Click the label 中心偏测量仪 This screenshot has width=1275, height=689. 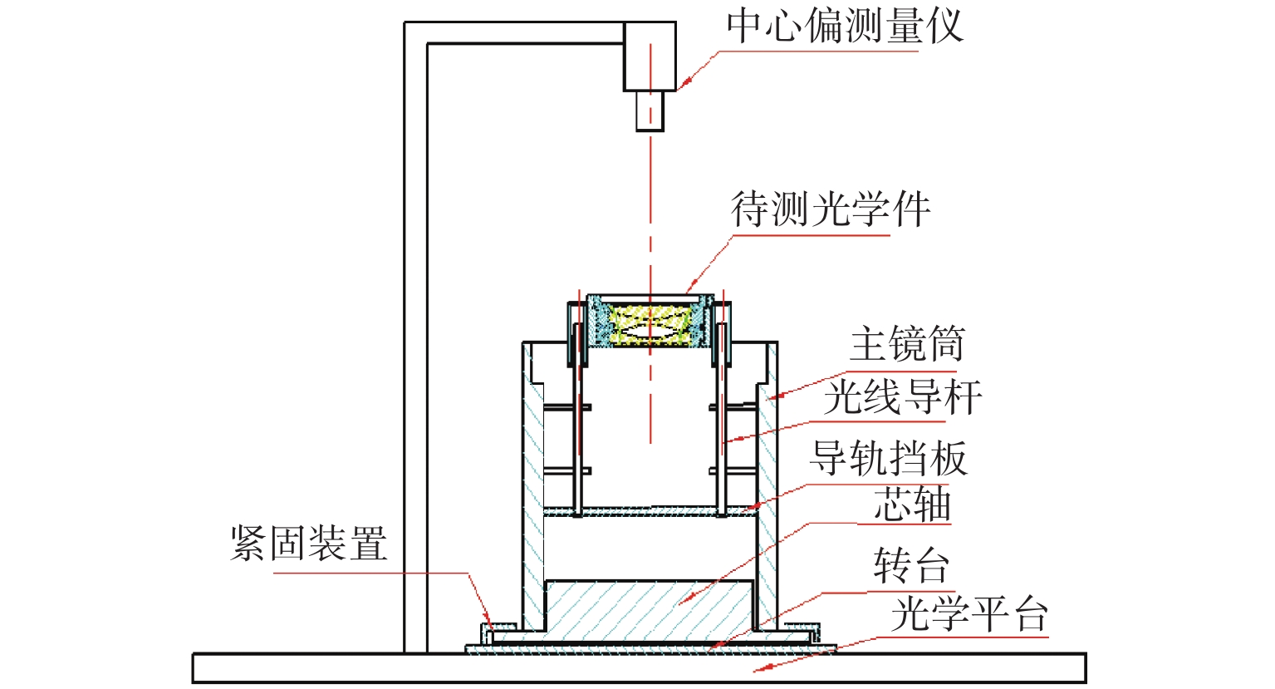(x=845, y=26)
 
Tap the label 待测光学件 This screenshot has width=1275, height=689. (x=831, y=209)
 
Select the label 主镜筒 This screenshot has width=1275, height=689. (x=907, y=344)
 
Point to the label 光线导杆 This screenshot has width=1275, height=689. (x=903, y=397)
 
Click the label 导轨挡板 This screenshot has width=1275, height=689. (x=889, y=459)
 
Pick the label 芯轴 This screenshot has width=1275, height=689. (x=912, y=504)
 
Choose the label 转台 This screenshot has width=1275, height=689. (x=911, y=566)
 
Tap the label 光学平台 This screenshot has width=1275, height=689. (x=969, y=614)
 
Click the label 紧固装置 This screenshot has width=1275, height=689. (x=309, y=544)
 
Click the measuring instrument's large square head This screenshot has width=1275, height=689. (x=650, y=57)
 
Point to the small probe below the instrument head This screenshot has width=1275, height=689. (x=650, y=111)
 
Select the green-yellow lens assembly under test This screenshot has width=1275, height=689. (x=650, y=325)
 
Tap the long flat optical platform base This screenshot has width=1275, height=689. (x=640, y=668)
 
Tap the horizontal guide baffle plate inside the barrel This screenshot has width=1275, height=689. (x=650, y=511)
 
